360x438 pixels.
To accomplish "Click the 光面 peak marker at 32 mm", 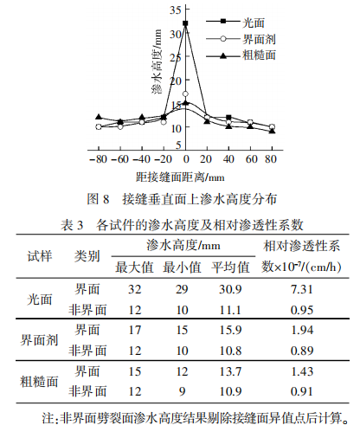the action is pyautogui.click(x=185, y=23).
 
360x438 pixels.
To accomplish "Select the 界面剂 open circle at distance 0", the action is pyautogui.click(x=185, y=93).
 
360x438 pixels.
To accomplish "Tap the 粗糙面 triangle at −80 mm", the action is pyautogui.click(x=99, y=117).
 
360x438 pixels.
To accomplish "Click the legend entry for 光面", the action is pyautogui.click(x=235, y=23).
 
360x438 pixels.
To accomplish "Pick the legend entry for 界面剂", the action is pyautogui.click(x=241, y=39).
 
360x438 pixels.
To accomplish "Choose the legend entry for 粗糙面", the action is pyautogui.click(x=241, y=55).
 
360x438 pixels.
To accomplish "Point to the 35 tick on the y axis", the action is pyautogui.click(x=176, y=10).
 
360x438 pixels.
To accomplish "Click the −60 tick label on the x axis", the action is pyautogui.click(x=120, y=159).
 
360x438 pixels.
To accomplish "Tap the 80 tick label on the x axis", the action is pyautogui.click(x=271, y=159).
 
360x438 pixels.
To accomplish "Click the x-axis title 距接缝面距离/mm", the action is pyautogui.click(x=180, y=177).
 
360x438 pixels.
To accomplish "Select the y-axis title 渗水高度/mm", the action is pyautogui.click(x=157, y=61).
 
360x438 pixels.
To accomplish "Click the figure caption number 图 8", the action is pyautogui.click(x=99, y=199).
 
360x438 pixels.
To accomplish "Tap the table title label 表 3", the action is pyautogui.click(x=72, y=225).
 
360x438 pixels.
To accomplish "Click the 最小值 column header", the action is pyautogui.click(x=182, y=267).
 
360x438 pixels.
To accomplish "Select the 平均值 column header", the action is pyautogui.click(x=230, y=267).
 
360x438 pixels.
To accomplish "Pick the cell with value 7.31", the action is pyautogui.click(x=302, y=289).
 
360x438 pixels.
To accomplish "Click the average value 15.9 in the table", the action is pyautogui.click(x=230, y=330).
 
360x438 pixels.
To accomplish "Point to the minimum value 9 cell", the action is pyautogui.click(x=182, y=391).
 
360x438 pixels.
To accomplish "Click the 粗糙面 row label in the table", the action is pyautogui.click(x=39, y=382).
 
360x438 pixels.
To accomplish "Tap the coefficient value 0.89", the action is pyautogui.click(x=302, y=351).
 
